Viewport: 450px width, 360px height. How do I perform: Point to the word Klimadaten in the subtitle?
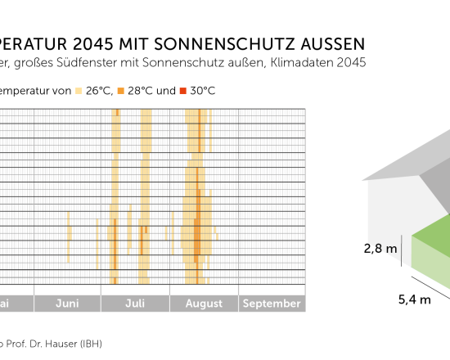(291, 62)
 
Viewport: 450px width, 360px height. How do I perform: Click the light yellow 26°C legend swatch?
(79, 91)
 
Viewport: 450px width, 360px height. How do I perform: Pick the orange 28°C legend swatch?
(121, 91)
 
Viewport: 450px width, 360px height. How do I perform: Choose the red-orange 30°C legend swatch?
(183, 91)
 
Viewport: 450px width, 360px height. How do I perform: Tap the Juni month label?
(68, 304)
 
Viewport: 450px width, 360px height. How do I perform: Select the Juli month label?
(136, 304)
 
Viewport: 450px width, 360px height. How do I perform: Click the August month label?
(204, 304)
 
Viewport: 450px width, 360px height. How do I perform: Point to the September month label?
(272, 304)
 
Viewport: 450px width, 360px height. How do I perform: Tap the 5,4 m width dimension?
(414, 299)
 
